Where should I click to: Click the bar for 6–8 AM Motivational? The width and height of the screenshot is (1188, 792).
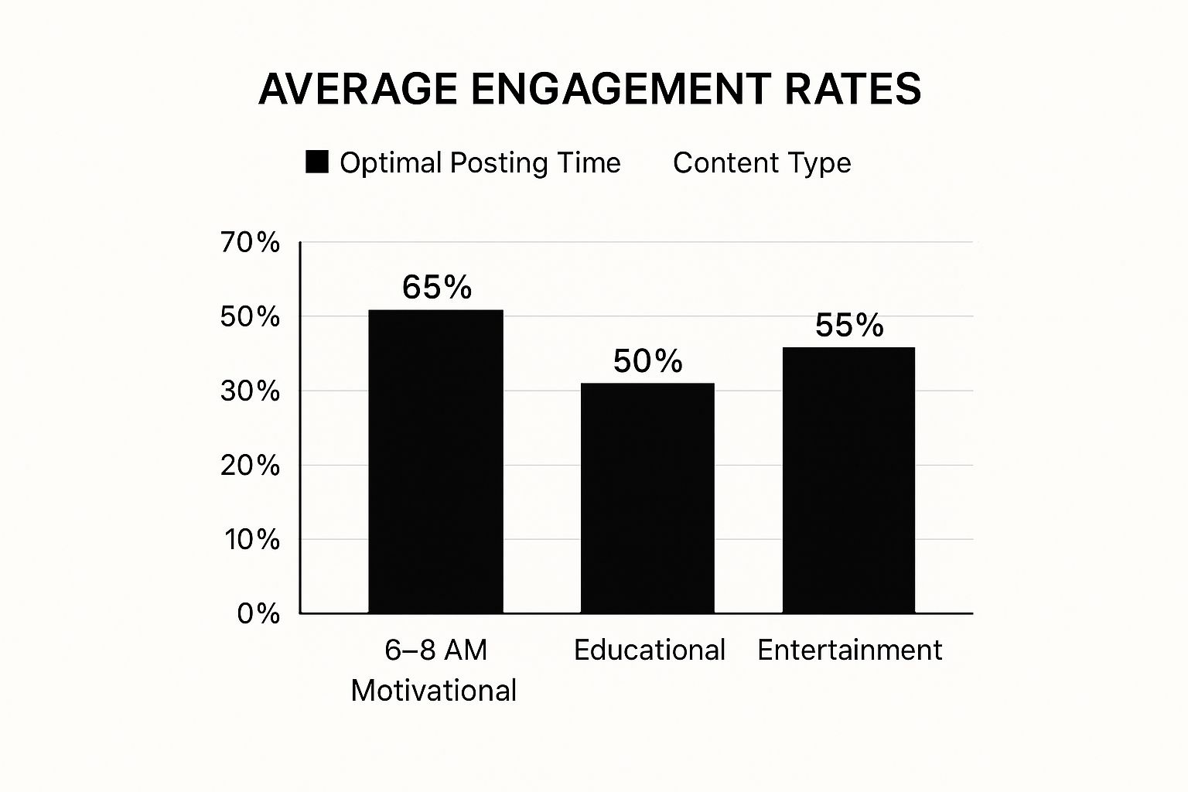point(435,461)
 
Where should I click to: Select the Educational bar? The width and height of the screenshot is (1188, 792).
point(647,498)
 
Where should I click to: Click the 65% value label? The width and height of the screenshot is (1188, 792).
point(437,288)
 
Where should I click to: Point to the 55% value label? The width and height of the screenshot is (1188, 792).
point(849,326)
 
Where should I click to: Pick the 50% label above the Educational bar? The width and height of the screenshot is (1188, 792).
point(648,361)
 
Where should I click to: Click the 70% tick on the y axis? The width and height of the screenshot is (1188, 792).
point(250,243)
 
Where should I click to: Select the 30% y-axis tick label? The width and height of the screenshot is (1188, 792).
point(250,391)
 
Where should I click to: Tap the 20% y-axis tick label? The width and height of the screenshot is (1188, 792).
point(250,466)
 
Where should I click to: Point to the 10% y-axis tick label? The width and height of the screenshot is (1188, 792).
point(251,540)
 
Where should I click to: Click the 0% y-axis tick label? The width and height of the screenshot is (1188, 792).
point(258,614)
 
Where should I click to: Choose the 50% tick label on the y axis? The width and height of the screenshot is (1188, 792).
point(250,317)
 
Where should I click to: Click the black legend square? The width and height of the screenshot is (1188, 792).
point(317,162)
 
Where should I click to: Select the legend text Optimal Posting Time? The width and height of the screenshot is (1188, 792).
point(480,163)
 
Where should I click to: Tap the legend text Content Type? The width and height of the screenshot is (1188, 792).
point(762,163)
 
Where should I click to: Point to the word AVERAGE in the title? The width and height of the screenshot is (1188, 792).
point(358,89)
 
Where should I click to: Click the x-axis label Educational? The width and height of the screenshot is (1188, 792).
point(650,650)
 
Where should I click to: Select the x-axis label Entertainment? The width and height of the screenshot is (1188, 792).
point(849,650)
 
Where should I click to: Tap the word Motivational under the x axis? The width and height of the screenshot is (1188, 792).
point(434,691)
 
